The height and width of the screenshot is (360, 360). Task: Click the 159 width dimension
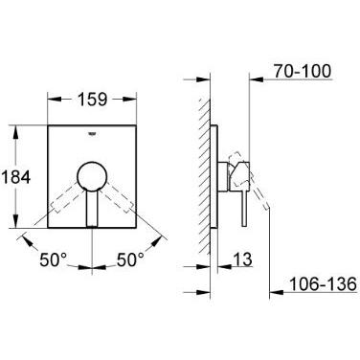[x=93, y=100]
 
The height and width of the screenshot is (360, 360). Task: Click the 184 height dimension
[x=16, y=177]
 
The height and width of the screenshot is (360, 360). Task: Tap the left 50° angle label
[x=54, y=259]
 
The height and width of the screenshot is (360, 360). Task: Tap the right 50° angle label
[x=130, y=259]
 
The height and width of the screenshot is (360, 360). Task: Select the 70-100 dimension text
[x=303, y=71]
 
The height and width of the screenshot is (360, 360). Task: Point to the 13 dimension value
[x=242, y=259]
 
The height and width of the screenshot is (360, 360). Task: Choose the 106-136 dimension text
[x=323, y=284]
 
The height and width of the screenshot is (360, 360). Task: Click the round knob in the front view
[x=92, y=176]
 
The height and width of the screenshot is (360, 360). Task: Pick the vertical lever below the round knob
[x=92, y=209]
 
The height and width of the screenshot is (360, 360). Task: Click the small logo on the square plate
[x=92, y=134]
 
